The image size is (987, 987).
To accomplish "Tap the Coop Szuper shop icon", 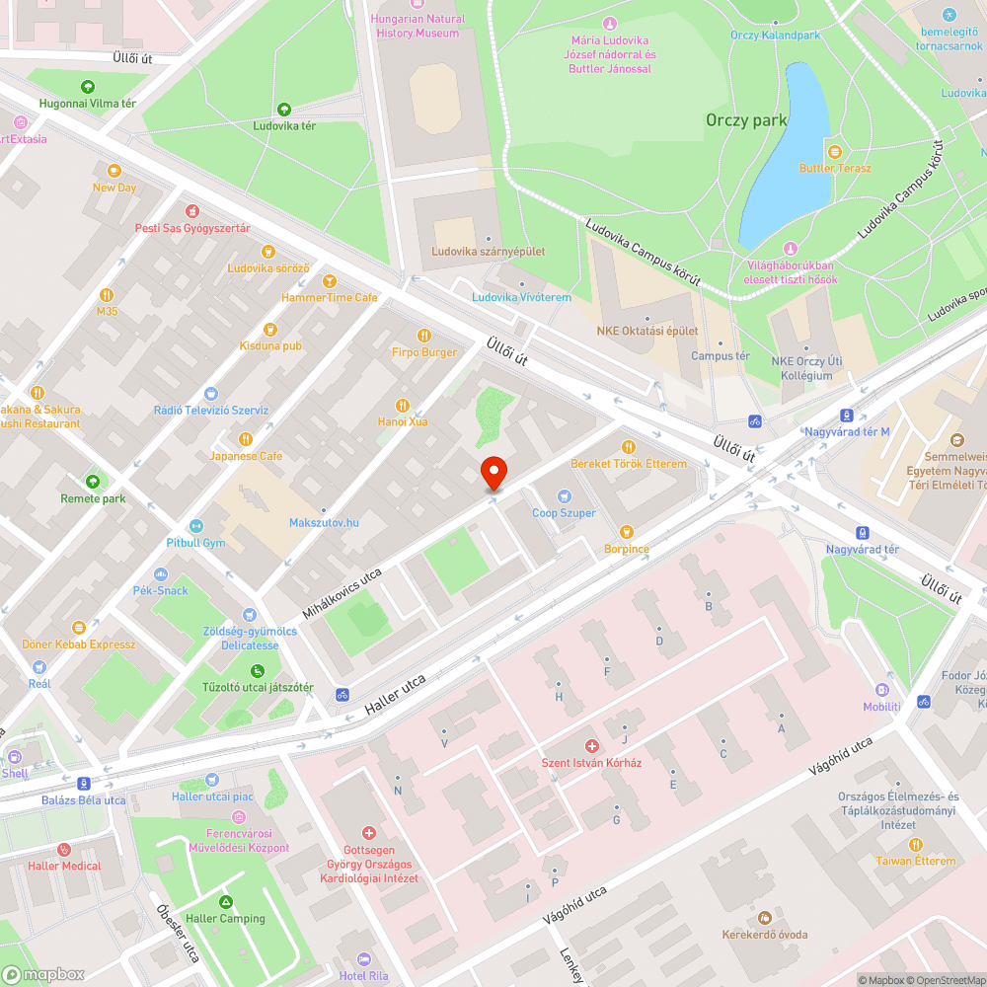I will (565, 496).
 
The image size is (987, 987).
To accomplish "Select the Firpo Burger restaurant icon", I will (424, 336).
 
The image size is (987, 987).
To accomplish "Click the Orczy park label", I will (746, 120).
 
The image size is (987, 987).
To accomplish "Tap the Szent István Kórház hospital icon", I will (592, 746).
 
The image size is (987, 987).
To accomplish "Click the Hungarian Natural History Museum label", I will (418, 26).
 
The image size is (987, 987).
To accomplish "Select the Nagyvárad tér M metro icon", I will (847, 415).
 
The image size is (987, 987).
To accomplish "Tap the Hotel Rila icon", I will (364, 959).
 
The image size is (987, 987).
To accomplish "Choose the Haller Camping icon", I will (226, 902).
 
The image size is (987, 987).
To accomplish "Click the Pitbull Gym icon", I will (195, 526).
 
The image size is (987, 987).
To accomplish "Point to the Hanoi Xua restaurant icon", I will (402, 405).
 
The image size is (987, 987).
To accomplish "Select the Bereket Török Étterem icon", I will (628, 447).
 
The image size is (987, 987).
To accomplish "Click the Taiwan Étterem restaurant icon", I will (915, 844).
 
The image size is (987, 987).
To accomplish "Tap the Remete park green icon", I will (93, 482).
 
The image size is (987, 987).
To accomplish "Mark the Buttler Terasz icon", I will (835, 151).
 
